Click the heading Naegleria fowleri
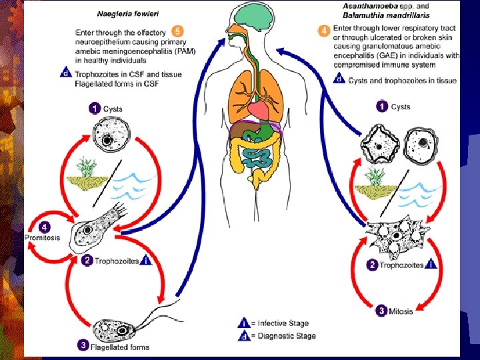[127, 14]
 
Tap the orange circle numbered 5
[177, 31]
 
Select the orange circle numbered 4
[324, 31]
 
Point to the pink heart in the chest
[259, 110]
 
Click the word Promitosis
[42, 237]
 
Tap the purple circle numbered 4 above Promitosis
[45, 227]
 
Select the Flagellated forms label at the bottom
[120, 347]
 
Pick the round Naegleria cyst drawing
[111, 135]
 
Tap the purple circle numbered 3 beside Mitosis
[381, 311]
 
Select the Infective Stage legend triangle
[244, 323]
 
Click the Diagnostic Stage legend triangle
[244, 335]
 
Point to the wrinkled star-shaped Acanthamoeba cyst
[380, 144]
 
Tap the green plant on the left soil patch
[87, 167]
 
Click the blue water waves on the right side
[419, 193]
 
